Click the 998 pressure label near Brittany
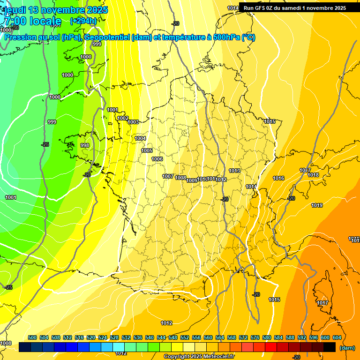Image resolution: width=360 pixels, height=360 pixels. point(85,145)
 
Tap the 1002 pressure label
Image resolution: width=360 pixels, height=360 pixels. point(123,118)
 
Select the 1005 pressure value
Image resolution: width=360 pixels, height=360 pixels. point(147,150)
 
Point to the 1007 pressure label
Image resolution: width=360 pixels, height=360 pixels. point(168,176)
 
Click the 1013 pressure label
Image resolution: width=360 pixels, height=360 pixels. point(234,171)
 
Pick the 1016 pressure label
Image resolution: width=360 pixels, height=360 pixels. point(278,178)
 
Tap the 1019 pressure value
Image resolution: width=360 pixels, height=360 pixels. point(317,205)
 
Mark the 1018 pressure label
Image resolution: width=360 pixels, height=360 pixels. point(313,175)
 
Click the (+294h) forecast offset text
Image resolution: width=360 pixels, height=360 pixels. point(83,21)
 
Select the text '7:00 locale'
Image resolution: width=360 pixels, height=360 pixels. point(32,21)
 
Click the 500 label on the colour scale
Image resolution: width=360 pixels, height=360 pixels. point(32,337)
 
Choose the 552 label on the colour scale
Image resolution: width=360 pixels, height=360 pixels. point(185,337)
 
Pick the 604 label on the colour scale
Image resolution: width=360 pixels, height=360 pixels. point(337,337)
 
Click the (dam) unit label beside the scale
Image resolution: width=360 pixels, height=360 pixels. point(346,348)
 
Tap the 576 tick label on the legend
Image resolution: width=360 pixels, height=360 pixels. point(255,337)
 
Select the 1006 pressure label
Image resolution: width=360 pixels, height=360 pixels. point(157,159)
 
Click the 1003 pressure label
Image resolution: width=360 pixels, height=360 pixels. point(133,122)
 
